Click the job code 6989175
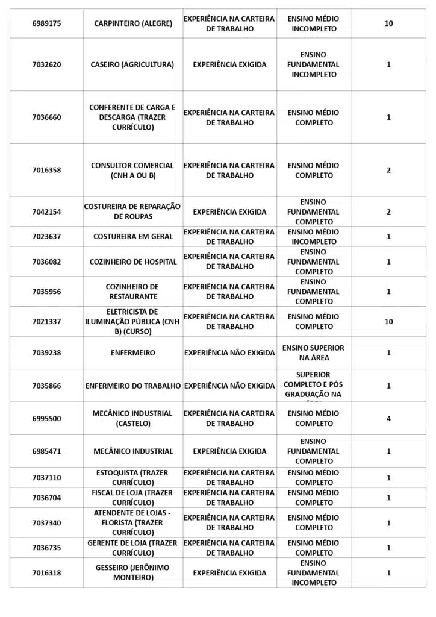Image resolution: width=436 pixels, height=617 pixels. click(x=46, y=23)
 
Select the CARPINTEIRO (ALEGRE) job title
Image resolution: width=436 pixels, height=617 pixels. click(x=133, y=23)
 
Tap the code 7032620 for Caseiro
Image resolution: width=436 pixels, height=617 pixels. click(x=46, y=64)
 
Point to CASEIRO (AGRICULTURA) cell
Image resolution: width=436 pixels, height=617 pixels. click(x=132, y=64)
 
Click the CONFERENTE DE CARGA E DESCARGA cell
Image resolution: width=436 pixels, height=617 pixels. click(x=132, y=117)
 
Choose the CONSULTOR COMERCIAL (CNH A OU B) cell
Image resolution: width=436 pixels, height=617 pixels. click(x=132, y=170)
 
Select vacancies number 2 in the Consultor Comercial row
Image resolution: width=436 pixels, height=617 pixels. click(x=388, y=170)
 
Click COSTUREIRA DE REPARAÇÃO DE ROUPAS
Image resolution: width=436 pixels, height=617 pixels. click(x=132, y=211)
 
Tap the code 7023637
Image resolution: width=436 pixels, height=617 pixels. click(x=46, y=236)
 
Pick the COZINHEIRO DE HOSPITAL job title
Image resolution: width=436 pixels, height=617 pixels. click(x=133, y=262)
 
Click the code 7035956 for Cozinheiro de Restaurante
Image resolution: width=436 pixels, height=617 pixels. click(x=46, y=292)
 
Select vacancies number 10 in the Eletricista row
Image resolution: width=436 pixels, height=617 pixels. click(x=388, y=321)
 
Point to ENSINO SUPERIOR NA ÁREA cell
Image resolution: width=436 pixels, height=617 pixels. click(x=313, y=352)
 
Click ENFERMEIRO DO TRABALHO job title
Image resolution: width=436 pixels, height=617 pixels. click(x=133, y=386)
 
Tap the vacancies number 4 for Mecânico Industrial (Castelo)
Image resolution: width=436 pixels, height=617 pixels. click(x=388, y=418)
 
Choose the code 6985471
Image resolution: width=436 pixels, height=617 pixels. click(x=46, y=451)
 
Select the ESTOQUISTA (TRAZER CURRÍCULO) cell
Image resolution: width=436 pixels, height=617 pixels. click(x=132, y=478)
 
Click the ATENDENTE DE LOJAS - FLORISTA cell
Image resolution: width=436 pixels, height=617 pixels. click(x=132, y=522)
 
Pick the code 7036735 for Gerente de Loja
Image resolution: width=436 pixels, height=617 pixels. click(x=46, y=548)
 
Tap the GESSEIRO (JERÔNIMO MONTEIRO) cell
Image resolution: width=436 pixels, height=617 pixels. click(x=132, y=572)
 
